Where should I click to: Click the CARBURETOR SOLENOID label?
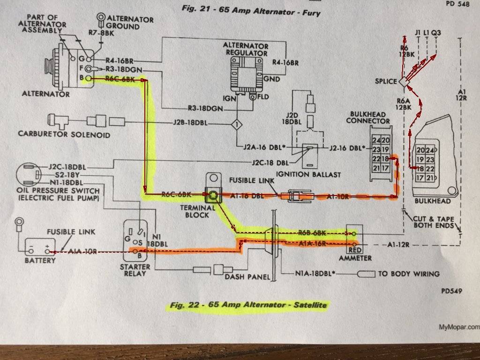click(64, 135)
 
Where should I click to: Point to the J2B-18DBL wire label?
click(190, 124)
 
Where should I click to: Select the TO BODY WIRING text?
click(409, 274)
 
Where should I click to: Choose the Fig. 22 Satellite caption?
click(249, 306)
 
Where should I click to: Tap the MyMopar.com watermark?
click(459, 328)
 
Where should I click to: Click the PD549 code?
click(452, 291)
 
